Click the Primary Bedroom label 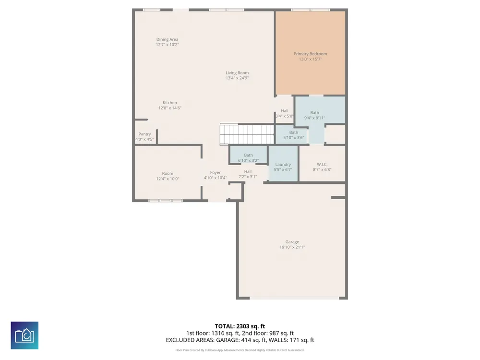click(x=310, y=54)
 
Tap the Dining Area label click(x=167, y=39)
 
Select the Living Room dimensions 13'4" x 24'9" click(x=237, y=78)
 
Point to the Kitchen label click(x=169, y=103)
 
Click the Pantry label click(x=144, y=134)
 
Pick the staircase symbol click(x=247, y=134)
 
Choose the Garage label click(x=292, y=242)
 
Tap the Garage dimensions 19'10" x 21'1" click(x=292, y=247)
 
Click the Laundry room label click(x=283, y=164)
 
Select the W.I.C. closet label click(x=322, y=164)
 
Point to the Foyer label click(x=215, y=173)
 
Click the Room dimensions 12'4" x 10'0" click(x=168, y=179)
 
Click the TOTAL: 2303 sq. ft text click(x=240, y=326)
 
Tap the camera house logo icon click(x=24, y=335)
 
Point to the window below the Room click(x=165, y=201)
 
